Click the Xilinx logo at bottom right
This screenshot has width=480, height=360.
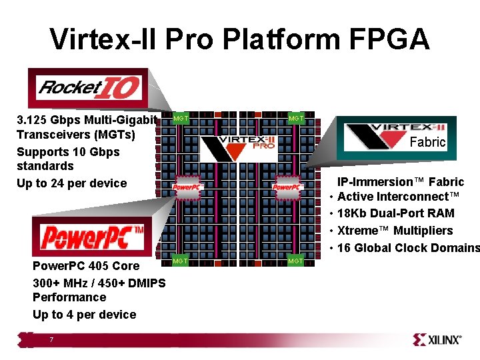437,339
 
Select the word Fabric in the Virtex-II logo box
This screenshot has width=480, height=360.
427,142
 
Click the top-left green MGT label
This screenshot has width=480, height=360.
181,119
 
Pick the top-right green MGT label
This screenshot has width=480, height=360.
296,119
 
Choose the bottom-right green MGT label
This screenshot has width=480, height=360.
295,261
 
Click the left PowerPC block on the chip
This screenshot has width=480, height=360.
187,187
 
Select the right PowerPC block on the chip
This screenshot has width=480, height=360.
287,187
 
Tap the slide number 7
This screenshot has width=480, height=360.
51,340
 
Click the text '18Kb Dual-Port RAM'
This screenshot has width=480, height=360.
396,213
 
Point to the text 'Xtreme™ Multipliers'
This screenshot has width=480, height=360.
395,231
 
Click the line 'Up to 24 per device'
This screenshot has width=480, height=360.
71,183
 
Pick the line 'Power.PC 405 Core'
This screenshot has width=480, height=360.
86,266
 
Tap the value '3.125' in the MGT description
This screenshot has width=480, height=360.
33,121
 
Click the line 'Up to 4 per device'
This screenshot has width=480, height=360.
84,314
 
